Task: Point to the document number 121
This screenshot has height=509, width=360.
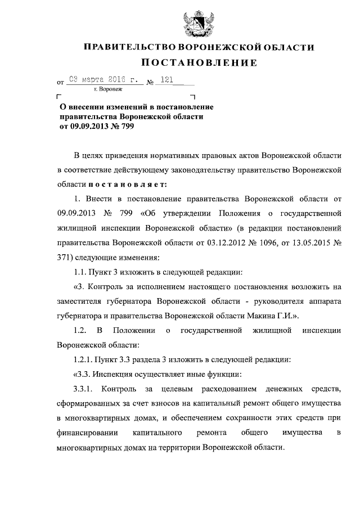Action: pyautogui.click(x=166, y=80)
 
